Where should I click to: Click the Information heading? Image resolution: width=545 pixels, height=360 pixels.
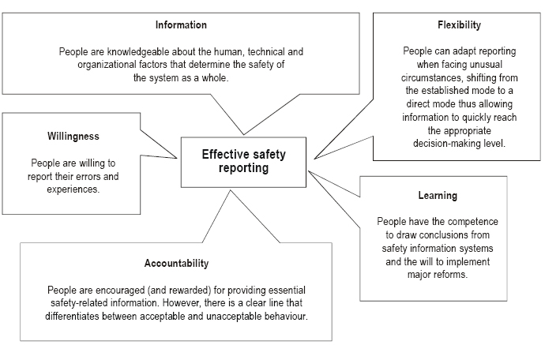coord(181,25)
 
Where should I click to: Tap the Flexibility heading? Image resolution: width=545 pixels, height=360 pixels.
coord(459,25)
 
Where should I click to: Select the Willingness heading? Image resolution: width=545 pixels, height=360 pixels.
coord(73,137)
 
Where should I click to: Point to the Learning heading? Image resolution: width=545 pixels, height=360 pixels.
coord(438,196)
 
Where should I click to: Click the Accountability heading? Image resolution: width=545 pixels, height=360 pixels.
coord(177,264)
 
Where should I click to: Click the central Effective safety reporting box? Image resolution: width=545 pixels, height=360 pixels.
coord(243,163)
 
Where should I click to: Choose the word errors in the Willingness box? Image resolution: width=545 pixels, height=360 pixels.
coord(87,177)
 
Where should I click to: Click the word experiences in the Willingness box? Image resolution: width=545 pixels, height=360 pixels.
coord(73,189)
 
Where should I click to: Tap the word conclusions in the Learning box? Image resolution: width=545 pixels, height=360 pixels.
coord(443,235)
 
